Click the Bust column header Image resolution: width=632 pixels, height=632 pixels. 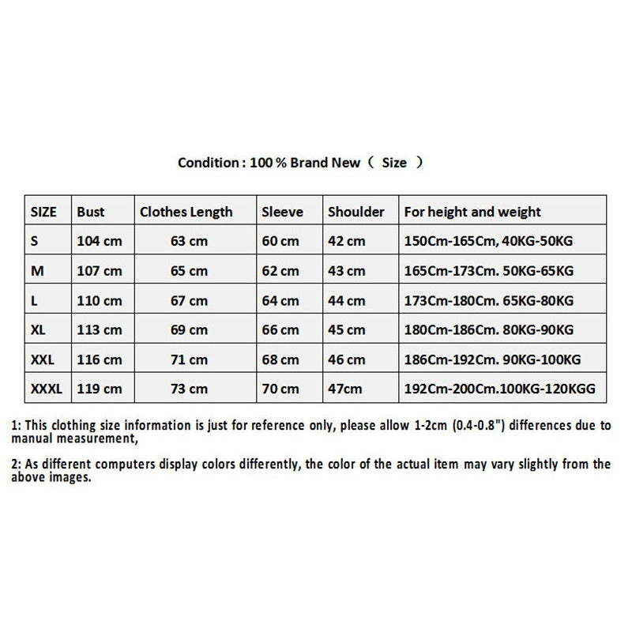tap(91, 212)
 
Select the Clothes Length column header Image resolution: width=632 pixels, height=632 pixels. tap(186, 212)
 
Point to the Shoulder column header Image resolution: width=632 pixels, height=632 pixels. tap(356, 212)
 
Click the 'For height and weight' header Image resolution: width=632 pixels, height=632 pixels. tap(472, 212)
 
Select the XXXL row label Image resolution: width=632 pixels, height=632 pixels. tap(46, 388)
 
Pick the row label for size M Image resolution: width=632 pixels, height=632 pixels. tap(36, 270)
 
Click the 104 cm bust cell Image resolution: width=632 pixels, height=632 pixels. tap(100, 241)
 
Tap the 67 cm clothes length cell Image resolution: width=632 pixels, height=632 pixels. tap(189, 300)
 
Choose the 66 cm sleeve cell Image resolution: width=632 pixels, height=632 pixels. tap(280, 329)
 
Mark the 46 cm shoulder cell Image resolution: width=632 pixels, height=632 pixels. tap(347, 359)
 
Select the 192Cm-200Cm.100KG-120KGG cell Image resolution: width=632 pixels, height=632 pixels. tap(499, 388)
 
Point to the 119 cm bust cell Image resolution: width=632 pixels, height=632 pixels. tap(100, 388)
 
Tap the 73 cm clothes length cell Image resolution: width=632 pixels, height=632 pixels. tap(189, 388)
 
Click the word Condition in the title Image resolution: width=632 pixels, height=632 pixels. tap(208, 163)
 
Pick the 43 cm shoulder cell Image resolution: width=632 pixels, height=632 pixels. tap(347, 270)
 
